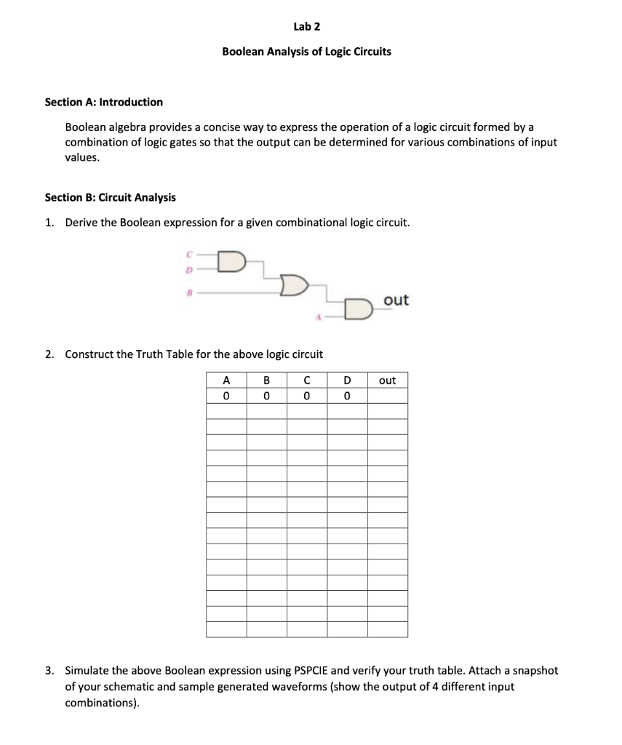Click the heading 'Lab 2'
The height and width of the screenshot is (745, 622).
(306, 27)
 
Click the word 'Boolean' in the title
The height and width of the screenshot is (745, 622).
(243, 52)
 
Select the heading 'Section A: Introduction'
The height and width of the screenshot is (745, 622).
(104, 102)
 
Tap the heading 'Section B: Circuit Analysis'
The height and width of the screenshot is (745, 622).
(110, 197)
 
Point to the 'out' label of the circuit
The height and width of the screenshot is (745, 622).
(396, 300)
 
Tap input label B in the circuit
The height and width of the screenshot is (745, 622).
(188, 290)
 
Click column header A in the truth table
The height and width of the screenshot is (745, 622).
(226, 380)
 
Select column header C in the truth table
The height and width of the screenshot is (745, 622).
(307, 380)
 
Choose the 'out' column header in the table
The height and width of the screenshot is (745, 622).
(388, 380)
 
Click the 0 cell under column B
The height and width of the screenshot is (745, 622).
(266, 396)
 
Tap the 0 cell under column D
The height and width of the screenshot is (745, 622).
(347, 396)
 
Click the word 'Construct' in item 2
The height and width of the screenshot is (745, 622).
(89, 354)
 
